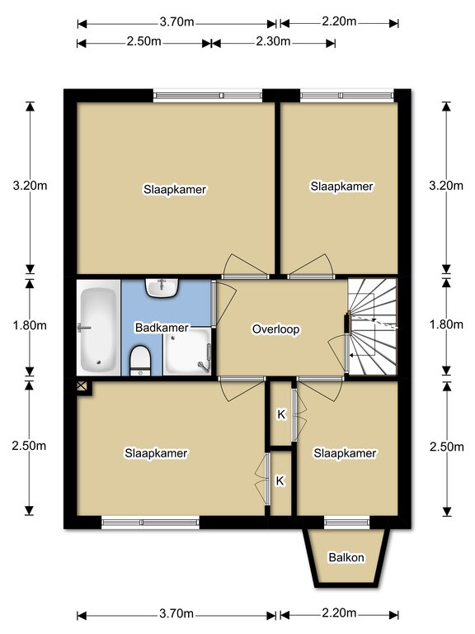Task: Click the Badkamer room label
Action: (162, 327)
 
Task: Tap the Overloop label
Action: (276, 329)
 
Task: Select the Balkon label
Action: (346, 557)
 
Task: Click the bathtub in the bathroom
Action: (99, 328)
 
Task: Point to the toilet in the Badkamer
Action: (140, 361)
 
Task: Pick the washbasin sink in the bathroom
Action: (162, 288)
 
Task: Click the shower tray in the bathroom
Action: (187, 352)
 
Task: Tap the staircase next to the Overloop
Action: (373, 327)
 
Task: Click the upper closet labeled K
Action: (280, 414)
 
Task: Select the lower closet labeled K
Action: (280, 480)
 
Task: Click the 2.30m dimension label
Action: (273, 41)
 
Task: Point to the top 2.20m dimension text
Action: (339, 21)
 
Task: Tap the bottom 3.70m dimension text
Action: (176, 613)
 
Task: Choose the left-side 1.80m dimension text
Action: (30, 324)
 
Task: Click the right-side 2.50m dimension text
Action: (447, 447)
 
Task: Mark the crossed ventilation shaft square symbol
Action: (81, 386)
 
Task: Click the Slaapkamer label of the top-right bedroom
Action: (341, 186)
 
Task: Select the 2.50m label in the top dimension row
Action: (143, 41)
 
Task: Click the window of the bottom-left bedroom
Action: (151, 523)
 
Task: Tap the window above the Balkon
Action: (347, 523)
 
